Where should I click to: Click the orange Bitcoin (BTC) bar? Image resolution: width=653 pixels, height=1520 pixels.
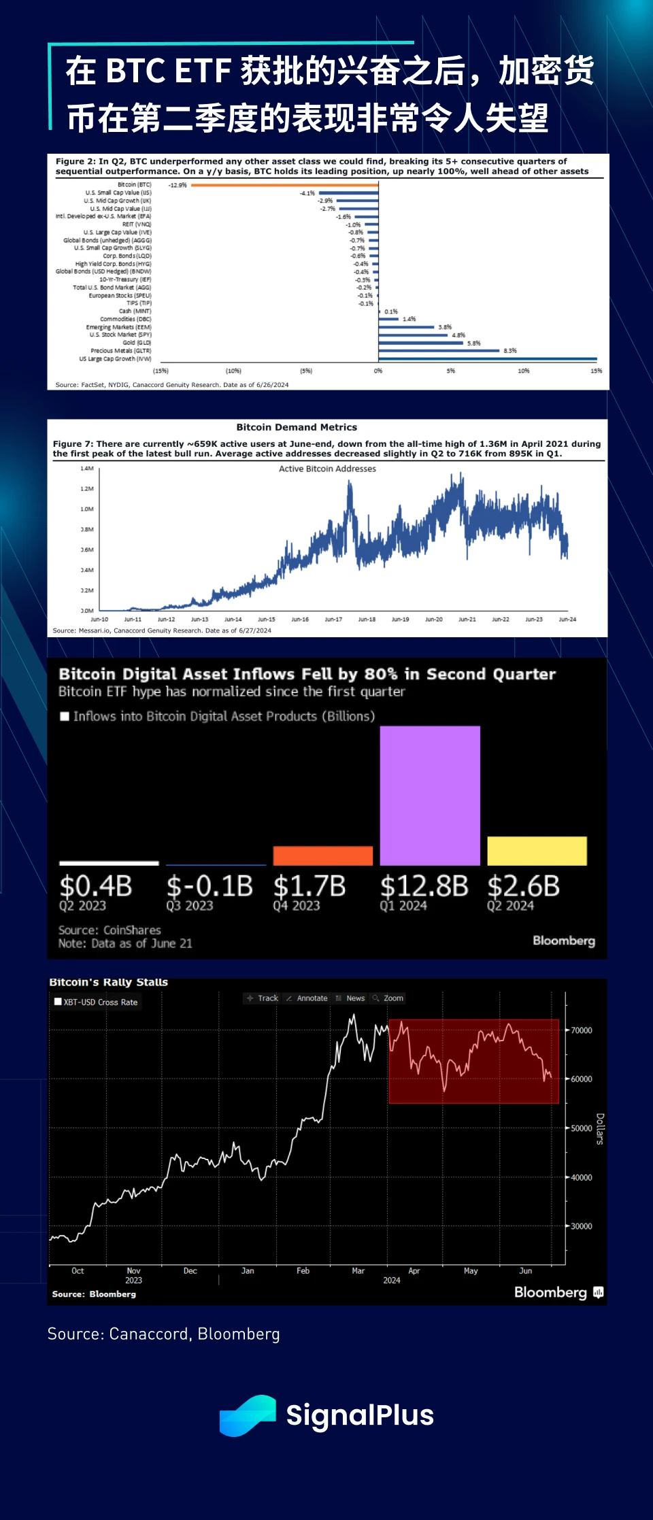pyautogui.click(x=284, y=185)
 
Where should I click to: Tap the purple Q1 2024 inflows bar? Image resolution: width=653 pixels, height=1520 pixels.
pyautogui.click(x=430, y=796)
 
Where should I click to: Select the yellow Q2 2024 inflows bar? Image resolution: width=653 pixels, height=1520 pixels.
pyautogui.click(x=537, y=851)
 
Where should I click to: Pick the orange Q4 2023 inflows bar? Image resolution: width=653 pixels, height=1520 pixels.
pyautogui.click(x=323, y=856)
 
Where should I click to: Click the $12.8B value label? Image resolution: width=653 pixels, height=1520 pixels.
pyautogui.click(x=424, y=887)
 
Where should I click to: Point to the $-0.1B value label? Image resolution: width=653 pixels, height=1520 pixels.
pyautogui.click(x=210, y=887)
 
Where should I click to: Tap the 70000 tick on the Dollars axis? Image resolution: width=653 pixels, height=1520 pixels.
pyautogui.click(x=581, y=1030)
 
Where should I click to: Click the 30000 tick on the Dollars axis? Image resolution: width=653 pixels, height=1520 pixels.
pyautogui.click(x=581, y=1226)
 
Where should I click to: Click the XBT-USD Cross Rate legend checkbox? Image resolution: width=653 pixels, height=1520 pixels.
pyautogui.click(x=58, y=1002)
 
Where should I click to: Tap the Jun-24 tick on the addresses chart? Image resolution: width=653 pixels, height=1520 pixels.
pyautogui.click(x=567, y=620)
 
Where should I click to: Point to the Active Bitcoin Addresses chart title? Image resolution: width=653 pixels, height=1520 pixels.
pyautogui.click(x=327, y=469)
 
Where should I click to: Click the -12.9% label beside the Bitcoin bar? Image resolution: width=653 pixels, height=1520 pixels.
pyautogui.click(x=178, y=185)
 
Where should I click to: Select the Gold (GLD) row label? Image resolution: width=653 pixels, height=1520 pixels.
pyautogui.click(x=137, y=343)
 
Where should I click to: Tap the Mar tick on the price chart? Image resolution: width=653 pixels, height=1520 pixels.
pyautogui.click(x=358, y=1270)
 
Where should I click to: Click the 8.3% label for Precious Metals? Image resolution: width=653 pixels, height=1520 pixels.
pyautogui.click(x=510, y=351)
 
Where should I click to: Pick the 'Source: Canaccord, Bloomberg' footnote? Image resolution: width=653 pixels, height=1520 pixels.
pyautogui.click(x=164, y=1334)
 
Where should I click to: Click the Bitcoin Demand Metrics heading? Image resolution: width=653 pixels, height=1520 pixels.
pyautogui.click(x=297, y=427)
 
